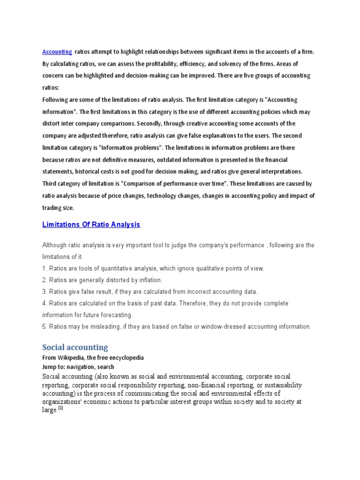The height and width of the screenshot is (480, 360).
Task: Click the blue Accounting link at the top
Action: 57,52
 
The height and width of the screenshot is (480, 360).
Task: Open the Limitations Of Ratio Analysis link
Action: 91,225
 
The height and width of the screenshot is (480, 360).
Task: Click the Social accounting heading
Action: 75,347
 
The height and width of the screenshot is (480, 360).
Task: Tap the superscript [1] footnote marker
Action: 60,407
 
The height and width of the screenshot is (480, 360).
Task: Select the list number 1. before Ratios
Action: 45,269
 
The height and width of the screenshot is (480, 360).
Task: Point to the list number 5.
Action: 45,326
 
